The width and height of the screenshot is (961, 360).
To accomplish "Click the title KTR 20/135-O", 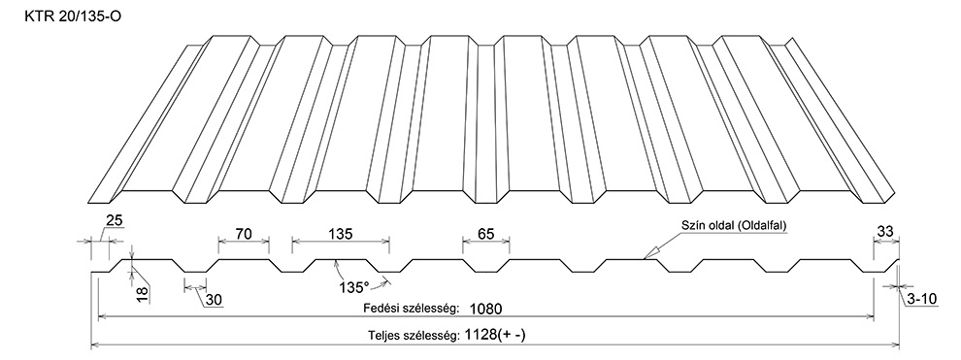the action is pos(73,17).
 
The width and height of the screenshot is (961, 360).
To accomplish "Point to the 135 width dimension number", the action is pos(340,233).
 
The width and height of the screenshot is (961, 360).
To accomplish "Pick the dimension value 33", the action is pos(885,232).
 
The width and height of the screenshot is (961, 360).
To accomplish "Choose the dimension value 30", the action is pos(214,300).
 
